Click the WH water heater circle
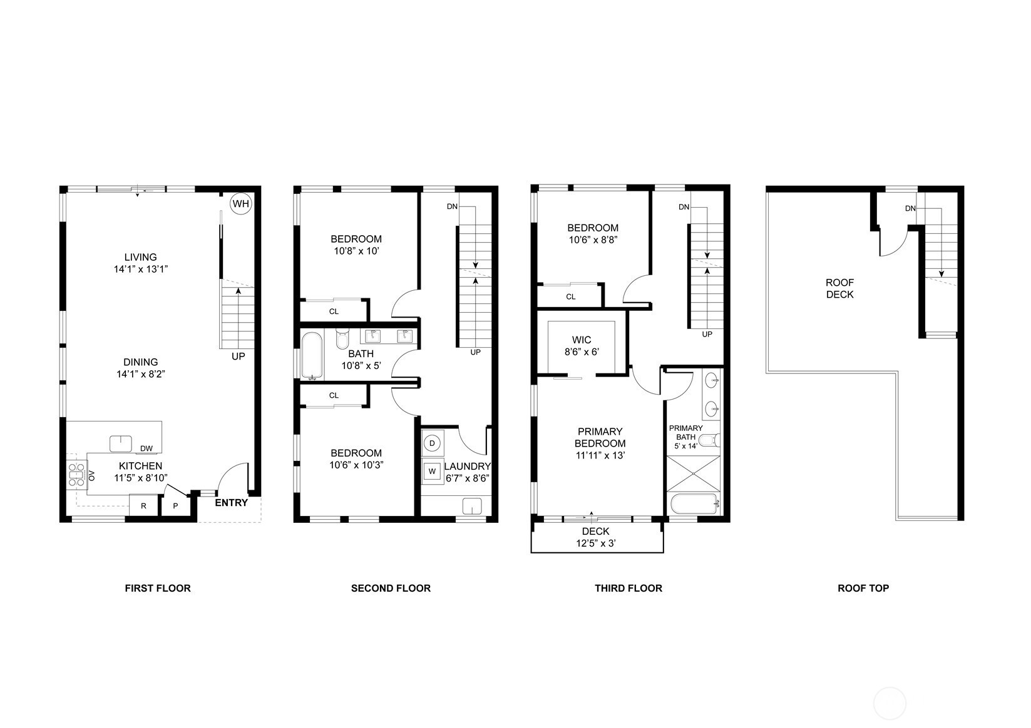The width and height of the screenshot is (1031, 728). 241,204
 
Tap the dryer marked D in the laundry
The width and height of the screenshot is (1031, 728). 432,443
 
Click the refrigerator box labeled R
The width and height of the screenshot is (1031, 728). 143,506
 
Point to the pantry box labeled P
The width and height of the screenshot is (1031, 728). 175,506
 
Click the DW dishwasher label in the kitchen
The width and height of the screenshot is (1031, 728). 146,448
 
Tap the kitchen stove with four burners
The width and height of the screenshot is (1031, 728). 77,475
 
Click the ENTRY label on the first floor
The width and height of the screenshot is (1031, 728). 232,503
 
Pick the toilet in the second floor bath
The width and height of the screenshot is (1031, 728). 342,339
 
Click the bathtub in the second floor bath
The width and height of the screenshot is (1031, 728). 312,356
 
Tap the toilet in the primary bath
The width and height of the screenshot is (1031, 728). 713,440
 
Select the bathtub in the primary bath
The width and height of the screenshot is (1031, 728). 694,504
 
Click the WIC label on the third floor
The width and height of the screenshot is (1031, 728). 582,340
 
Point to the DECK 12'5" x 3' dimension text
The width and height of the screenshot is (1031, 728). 595,537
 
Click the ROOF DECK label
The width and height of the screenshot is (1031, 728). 839,288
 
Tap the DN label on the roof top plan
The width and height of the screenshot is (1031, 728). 910,208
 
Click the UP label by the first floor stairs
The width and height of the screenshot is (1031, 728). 239,356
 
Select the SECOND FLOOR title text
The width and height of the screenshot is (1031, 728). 391,588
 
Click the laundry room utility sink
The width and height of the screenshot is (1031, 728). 472,506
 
